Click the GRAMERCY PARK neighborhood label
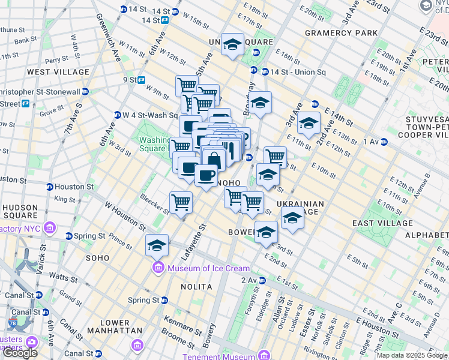point(333,32)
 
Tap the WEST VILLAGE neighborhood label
point(58,72)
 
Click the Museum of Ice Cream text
point(200,268)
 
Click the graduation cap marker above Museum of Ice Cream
point(157,245)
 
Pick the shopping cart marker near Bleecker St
point(181,202)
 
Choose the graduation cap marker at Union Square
point(232,44)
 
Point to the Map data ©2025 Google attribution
point(412,355)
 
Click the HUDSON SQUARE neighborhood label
point(21,212)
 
